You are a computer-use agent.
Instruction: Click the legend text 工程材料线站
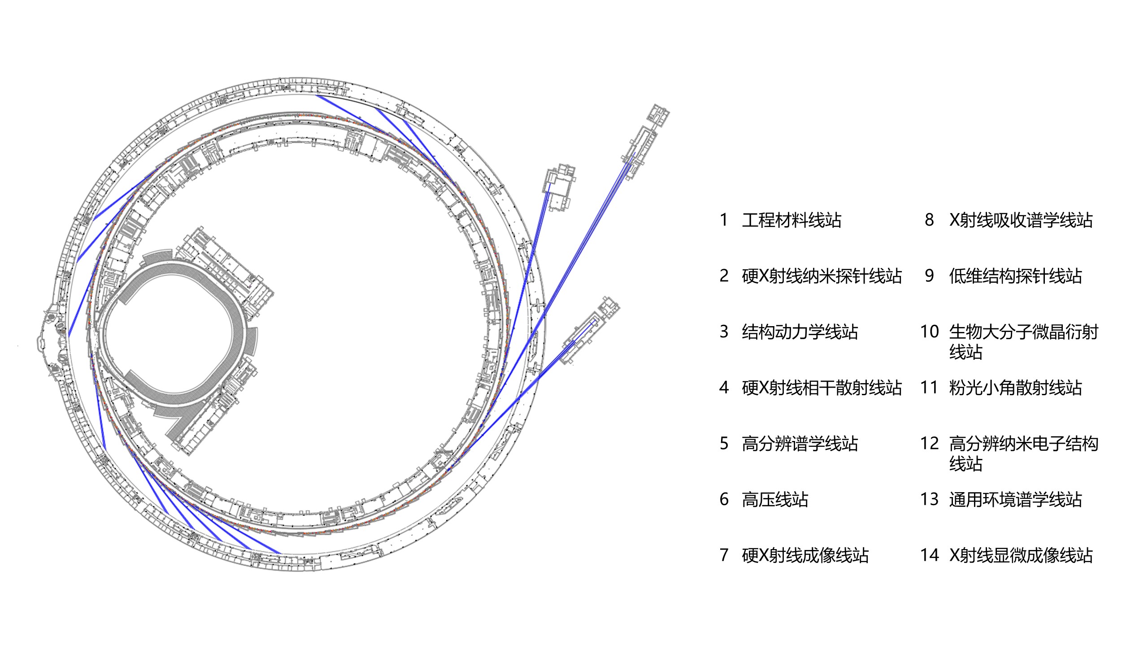[791, 220]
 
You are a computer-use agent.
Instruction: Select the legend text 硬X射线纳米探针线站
[822, 276]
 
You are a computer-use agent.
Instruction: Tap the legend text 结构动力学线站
[800, 332]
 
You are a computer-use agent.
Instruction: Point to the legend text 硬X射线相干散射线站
[822, 388]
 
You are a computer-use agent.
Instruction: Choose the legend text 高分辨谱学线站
[800, 444]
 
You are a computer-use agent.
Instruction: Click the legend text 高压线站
[775, 499]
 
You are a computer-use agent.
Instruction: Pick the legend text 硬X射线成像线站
[805, 555]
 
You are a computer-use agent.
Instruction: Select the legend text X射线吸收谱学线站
[1021, 220]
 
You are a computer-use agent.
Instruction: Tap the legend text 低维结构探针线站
[1016, 276]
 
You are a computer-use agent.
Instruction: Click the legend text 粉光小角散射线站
[1016, 388]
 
